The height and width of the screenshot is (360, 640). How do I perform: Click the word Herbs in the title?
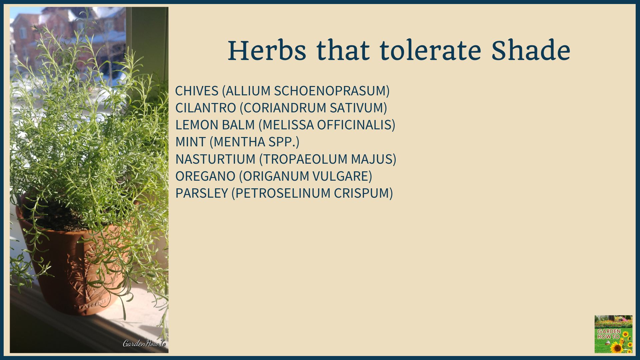pyautogui.click(x=267, y=51)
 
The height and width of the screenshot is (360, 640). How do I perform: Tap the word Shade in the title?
pyautogui.click(x=531, y=51)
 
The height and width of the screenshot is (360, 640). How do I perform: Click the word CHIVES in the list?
pyautogui.click(x=197, y=91)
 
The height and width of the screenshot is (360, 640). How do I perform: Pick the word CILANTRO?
pyautogui.click(x=206, y=108)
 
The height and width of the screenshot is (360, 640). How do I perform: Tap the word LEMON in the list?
pyautogui.click(x=197, y=125)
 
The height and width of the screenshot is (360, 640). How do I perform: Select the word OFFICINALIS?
pyautogui.click(x=356, y=125)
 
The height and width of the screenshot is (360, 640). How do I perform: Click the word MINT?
pyautogui.click(x=191, y=142)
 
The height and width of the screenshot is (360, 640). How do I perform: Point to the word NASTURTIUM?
pyautogui.click(x=215, y=159)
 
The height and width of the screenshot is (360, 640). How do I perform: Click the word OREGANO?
pyautogui.click(x=205, y=176)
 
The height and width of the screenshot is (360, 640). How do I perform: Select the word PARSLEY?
pyautogui.click(x=202, y=193)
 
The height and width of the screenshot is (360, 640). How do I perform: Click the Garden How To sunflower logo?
pyautogui.click(x=613, y=334)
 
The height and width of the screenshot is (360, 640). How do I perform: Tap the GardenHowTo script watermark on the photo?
pyautogui.click(x=144, y=343)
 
